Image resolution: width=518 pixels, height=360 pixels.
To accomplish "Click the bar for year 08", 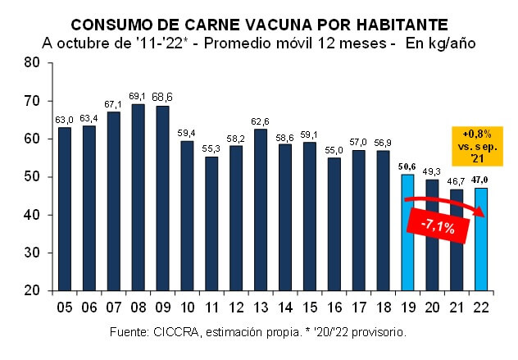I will click(x=138, y=197).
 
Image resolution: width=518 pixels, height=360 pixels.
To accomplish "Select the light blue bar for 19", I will click(x=407, y=232).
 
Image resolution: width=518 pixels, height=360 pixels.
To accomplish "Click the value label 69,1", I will click(x=138, y=98).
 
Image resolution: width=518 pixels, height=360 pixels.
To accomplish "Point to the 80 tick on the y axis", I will click(x=32, y=62).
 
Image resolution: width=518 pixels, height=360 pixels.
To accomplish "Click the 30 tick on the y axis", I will click(x=32, y=253).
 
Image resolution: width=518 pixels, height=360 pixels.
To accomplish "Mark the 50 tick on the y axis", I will click(x=32, y=177).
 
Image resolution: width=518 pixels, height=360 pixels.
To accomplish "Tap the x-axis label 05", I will click(x=64, y=309).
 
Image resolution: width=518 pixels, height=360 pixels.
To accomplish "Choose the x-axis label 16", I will click(x=334, y=309).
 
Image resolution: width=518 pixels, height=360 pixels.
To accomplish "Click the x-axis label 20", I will click(x=431, y=309).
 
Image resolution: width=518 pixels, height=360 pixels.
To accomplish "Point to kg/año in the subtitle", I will click(x=443, y=42).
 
